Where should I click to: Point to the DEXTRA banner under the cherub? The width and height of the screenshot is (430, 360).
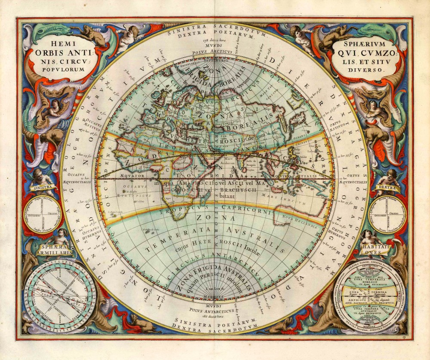tap(386, 188)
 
